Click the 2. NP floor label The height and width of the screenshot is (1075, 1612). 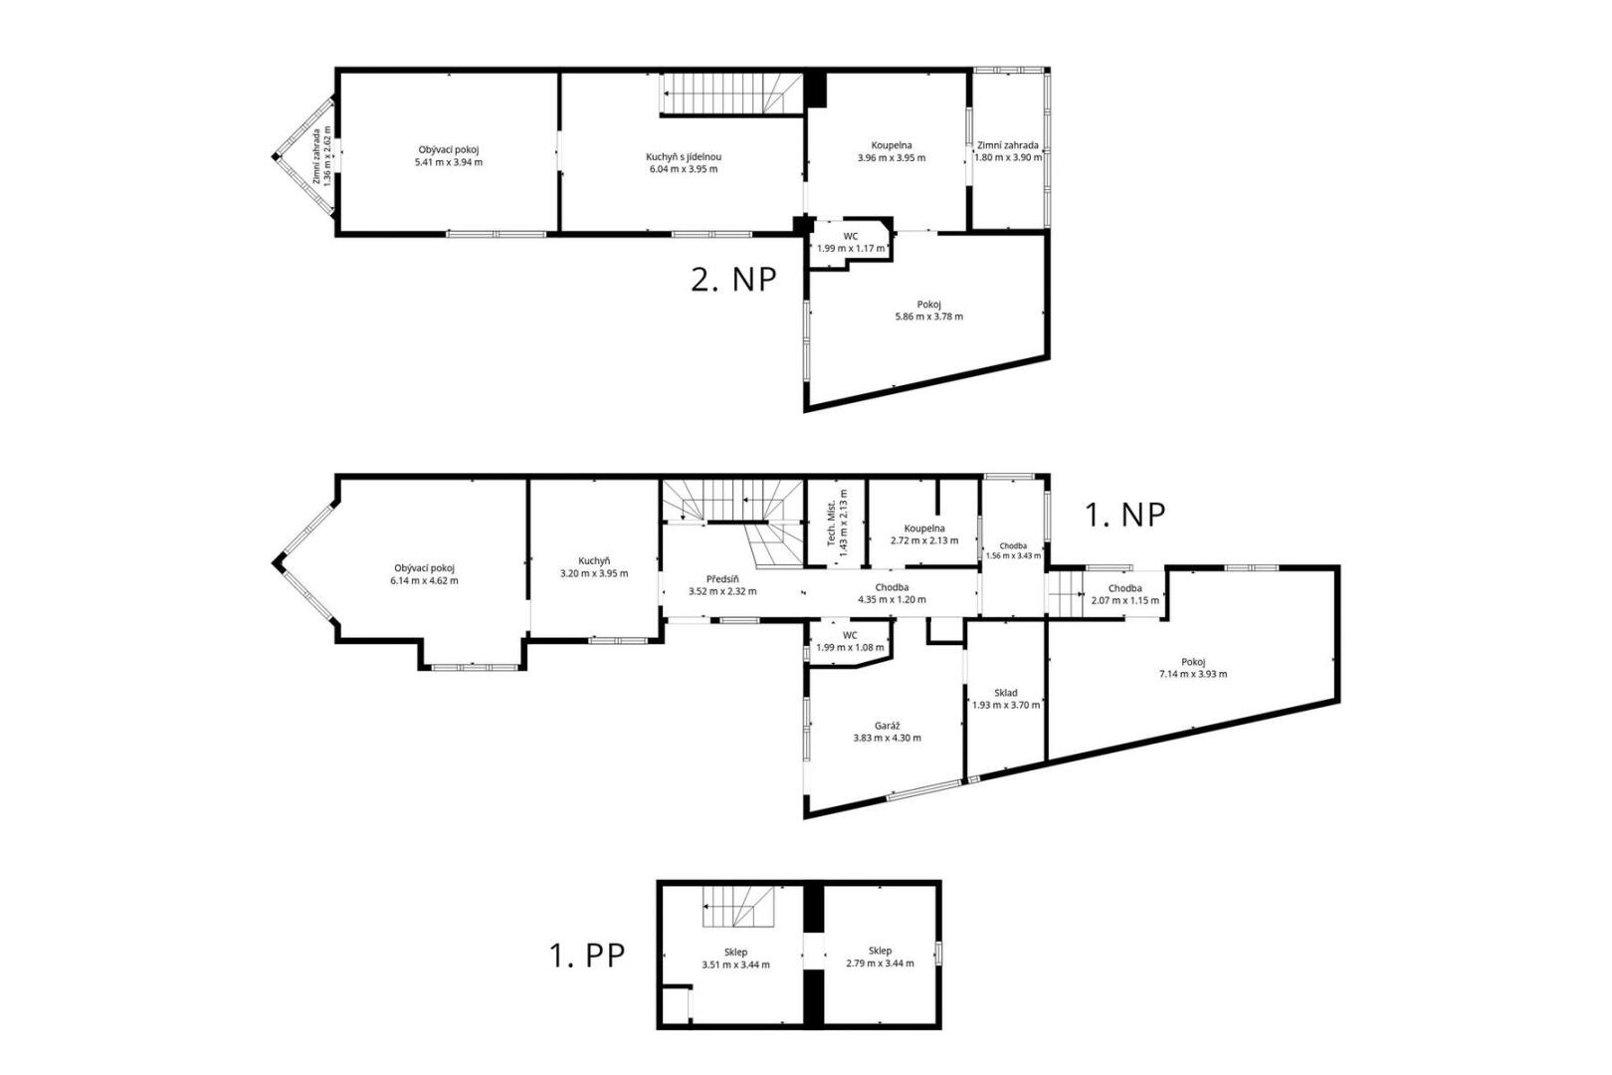[733, 280]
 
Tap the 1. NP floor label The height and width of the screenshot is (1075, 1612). [1124, 515]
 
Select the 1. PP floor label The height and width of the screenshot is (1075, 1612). [587, 956]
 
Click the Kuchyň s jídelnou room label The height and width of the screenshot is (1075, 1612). [683, 157]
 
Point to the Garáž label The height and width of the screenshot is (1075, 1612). [887, 726]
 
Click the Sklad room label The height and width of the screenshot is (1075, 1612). [1005, 693]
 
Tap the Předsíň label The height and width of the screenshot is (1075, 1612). [722, 579]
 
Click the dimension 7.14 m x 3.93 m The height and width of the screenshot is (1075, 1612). [1192, 674]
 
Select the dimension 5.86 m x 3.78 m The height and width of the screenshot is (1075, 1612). [928, 317]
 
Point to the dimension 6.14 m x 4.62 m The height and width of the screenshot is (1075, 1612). [424, 580]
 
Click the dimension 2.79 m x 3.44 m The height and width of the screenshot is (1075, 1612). [880, 963]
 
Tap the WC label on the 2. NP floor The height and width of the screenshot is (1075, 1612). [850, 236]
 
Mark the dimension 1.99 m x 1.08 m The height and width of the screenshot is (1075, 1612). [849, 647]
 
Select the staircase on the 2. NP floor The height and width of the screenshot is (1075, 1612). [731, 94]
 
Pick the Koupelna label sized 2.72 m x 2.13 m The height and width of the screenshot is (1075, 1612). [924, 528]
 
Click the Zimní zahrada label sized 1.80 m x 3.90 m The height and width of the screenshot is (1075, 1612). [1007, 144]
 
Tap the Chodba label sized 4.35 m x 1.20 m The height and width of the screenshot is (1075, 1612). [892, 587]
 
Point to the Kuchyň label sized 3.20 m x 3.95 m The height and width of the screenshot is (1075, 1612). [594, 561]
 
